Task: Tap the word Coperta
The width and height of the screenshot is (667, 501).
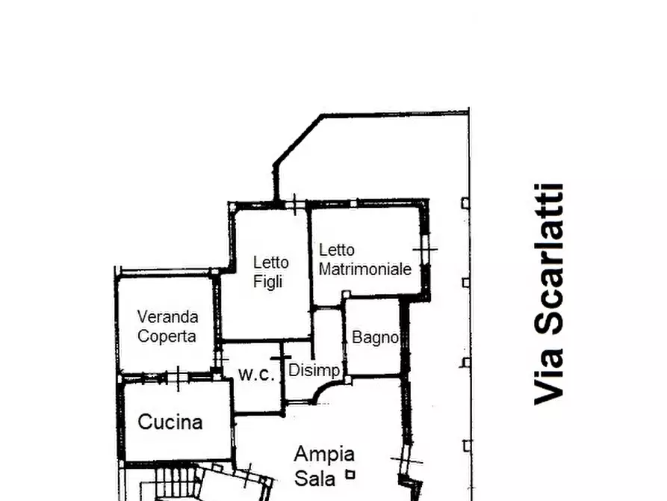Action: tap(167, 336)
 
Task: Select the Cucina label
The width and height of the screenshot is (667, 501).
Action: tap(170, 422)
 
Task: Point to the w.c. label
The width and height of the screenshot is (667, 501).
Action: tap(256, 375)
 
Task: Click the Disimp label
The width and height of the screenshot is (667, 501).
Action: tap(314, 370)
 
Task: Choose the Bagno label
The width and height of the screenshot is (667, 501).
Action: tap(375, 337)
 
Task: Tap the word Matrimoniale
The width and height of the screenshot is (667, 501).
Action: tap(365, 269)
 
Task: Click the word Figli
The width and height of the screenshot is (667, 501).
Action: tap(268, 282)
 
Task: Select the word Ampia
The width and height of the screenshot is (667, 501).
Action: tap(324, 455)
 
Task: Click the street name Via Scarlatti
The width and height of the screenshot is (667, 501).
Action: tap(549, 295)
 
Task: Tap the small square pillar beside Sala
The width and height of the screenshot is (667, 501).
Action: tap(350, 474)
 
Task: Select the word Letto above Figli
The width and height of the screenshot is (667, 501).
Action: tap(270, 262)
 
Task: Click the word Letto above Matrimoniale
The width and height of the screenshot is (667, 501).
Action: tap(336, 250)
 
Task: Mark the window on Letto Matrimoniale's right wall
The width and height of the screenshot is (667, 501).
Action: tap(424, 249)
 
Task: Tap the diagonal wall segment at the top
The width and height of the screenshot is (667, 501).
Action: tap(298, 140)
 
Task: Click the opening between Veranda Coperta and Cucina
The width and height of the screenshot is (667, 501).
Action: tap(179, 377)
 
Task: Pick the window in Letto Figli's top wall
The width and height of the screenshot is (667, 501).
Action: tap(294, 205)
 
